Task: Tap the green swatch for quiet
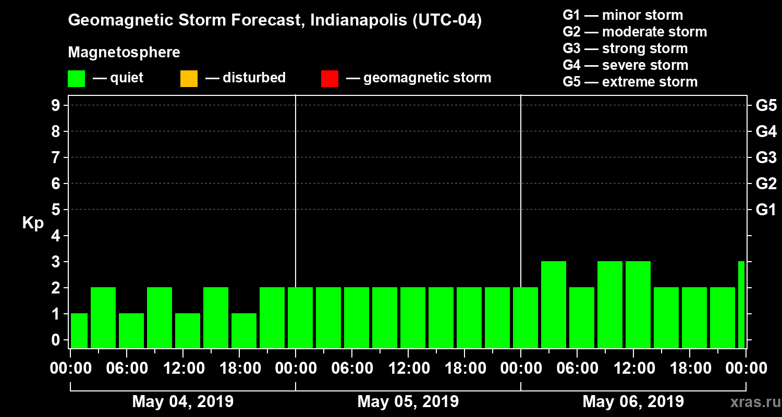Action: [x=76, y=78]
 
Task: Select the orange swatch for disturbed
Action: [x=189, y=78]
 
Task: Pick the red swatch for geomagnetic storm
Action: [x=329, y=78]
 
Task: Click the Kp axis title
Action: [x=33, y=223]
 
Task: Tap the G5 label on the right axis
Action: [x=766, y=105]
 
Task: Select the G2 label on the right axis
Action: [x=766, y=183]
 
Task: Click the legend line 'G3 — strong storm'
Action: [x=625, y=48]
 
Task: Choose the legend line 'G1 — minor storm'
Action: [x=622, y=15]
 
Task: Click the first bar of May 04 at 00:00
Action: [x=79, y=330]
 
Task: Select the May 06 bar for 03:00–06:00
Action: [x=554, y=304]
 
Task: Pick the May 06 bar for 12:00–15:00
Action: [x=638, y=304]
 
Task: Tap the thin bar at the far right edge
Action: [x=741, y=304]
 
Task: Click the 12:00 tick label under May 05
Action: [x=408, y=369]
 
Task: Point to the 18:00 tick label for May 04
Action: [x=239, y=369]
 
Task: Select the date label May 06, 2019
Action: [x=633, y=402]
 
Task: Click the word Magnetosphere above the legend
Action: [x=124, y=53]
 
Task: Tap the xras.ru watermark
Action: [x=750, y=402]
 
